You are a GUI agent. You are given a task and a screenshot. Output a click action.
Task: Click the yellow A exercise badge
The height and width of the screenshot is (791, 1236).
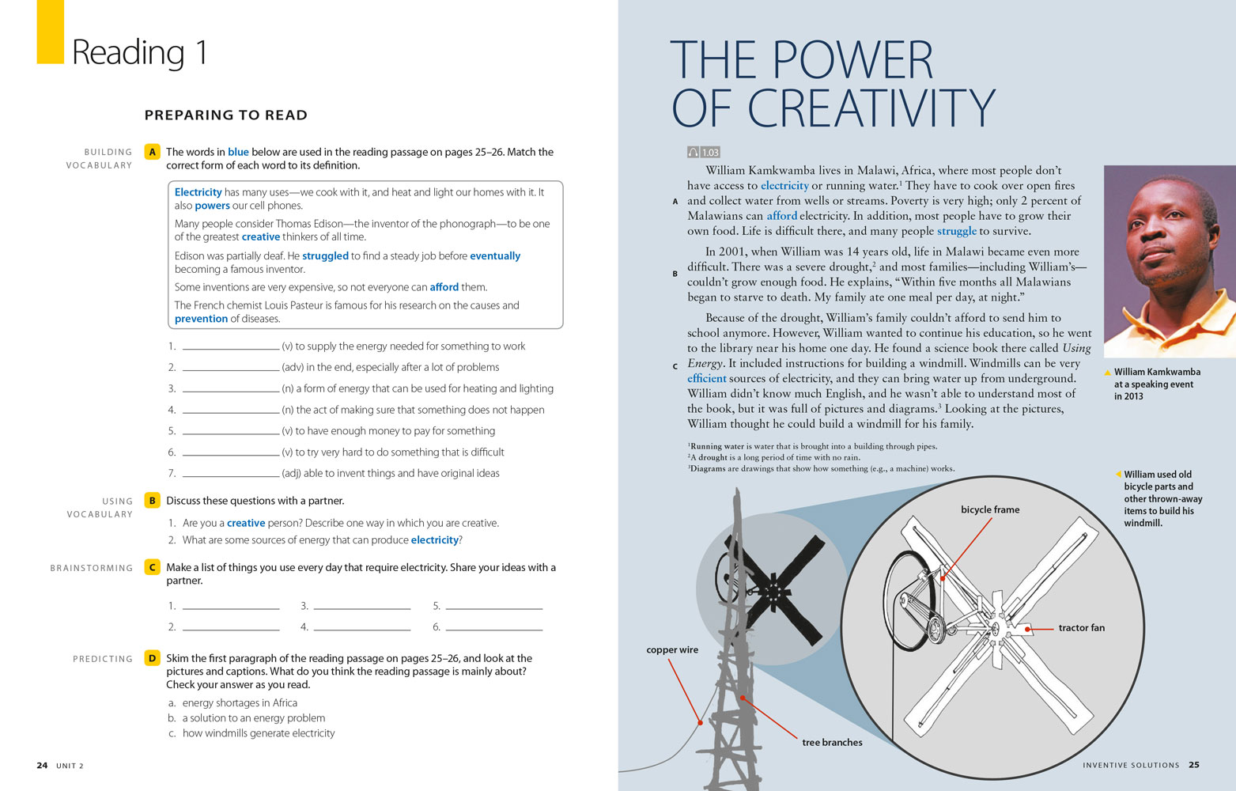pyautogui.click(x=153, y=152)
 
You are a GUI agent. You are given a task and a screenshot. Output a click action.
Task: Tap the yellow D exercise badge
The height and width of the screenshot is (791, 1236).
pyautogui.click(x=153, y=658)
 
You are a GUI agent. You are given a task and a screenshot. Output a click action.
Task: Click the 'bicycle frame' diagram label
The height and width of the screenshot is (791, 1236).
pyautogui.click(x=990, y=510)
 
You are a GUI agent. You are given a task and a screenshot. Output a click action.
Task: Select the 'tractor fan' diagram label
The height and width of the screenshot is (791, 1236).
pyautogui.click(x=1081, y=628)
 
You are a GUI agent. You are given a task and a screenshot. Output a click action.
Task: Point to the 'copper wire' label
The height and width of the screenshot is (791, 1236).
pyautogui.click(x=672, y=650)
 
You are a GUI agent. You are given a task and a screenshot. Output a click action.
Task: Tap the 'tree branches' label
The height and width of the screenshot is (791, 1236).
pyautogui.click(x=832, y=743)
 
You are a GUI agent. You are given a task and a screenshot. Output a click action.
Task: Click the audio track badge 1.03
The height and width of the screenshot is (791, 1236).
pyautogui.click(x=704, y=153)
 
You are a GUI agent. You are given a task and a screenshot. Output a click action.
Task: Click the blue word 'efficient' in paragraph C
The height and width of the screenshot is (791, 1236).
pyautogui.click(x=706, y=379)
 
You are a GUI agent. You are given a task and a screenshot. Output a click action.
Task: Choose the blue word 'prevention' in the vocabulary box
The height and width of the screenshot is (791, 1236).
pyautogui.click(x=201, y=319)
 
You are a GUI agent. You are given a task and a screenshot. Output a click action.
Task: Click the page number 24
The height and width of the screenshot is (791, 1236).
pyautogui.click(x=42, y=766)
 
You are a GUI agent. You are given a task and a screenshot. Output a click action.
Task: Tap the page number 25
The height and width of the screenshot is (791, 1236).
pyautogui.click(x=1194, y=765)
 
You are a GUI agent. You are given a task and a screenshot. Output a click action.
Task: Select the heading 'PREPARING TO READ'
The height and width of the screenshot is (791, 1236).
pyautogui.click(x=225, y=115)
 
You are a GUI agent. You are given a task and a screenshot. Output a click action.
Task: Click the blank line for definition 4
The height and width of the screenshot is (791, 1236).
pyautogui.click(x=231, y=411)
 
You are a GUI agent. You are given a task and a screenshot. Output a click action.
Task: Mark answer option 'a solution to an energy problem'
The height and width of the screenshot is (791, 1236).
pyautogui.click(x=253, y=718)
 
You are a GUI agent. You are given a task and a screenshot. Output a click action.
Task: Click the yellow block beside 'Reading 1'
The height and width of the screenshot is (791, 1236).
pyautogui.click(x=50, y=32)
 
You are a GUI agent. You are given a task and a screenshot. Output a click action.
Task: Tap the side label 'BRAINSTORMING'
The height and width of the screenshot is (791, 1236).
pyautogui.click(x=92, y=568)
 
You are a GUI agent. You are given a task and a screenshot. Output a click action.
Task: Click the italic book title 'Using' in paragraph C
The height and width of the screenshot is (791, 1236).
pyautogui.click(x=1076, y=348)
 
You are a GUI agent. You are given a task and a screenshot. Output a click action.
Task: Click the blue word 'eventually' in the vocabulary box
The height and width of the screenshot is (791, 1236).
pyautogui.click(x=495, y=256)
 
